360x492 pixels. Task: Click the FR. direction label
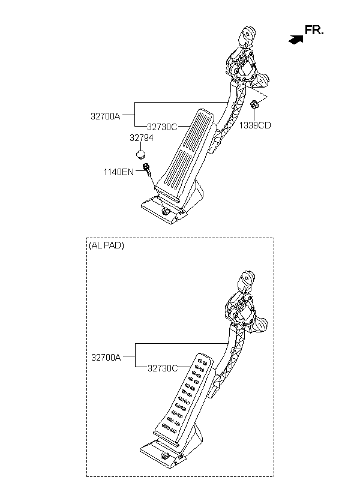(x=314, y=30)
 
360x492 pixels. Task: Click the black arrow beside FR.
(x=296, y=40)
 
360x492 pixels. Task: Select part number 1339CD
(x=255, y=125)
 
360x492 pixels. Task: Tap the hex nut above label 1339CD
(x=254, y=104)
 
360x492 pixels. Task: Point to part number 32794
(x=142, y=138)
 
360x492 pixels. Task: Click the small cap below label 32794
(x=140, y=154)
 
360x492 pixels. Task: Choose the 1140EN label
(x=119, y=172)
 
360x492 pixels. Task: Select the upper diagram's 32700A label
(x=106, y=116)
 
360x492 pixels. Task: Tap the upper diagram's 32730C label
(x=162, y=127)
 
